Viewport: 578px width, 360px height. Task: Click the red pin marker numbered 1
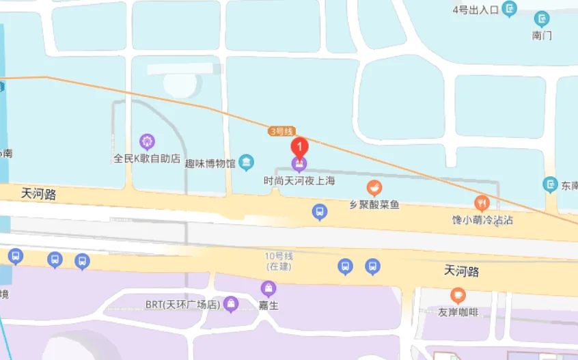[x=299, y=147]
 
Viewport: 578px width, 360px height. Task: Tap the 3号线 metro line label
[x=281, y=131]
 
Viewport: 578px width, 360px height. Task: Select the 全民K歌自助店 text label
[x=147, y=158]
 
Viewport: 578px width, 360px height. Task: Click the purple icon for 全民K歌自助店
[x=147, y=142]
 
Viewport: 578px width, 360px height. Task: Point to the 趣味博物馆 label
[x=210, y=163]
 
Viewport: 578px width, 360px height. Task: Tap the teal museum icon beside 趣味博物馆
[x=247, y=163]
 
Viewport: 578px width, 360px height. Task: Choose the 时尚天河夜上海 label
[x=300, y=181]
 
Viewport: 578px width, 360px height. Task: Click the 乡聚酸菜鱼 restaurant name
[x=374, y=204]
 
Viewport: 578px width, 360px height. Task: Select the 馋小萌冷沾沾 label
[x=482, y=220]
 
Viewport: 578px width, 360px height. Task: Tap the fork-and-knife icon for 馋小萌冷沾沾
[x=482, y=203]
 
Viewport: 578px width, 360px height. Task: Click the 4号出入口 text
[x=476, y=10]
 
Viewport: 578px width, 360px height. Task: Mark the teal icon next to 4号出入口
[x=510, y=9]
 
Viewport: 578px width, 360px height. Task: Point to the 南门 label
[x=542, y=35]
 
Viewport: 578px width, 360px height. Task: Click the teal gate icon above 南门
[x=542, y=19]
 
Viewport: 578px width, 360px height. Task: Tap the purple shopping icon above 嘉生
[x=269, y=289]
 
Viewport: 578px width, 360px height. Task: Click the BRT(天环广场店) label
[x=182, y=304]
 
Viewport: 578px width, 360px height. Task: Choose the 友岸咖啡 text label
[x=458, y=313]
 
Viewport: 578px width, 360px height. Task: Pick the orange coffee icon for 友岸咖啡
[x=458, y=296]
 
